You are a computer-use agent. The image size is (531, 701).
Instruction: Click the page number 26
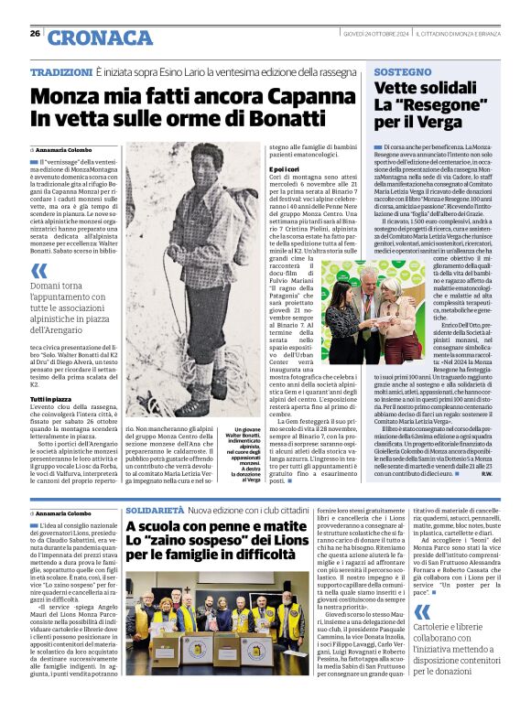coord(35,34)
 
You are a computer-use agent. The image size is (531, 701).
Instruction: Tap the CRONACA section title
coord(88,38)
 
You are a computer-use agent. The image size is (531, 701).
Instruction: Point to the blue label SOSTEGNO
coord(402,71)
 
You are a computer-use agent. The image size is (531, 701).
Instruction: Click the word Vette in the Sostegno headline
coord(399,89)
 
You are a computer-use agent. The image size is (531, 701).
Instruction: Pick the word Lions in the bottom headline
coord(276,541)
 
